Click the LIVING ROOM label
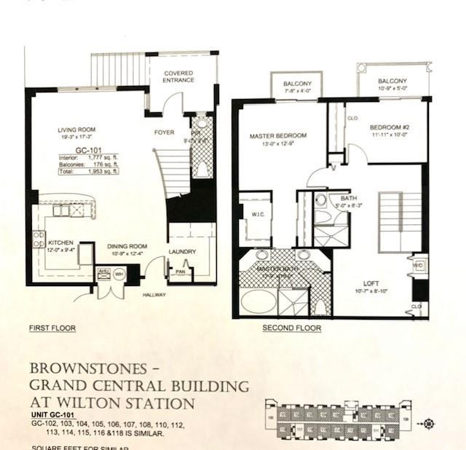pyautogui.click(x=78, y=131)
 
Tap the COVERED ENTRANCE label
pyautogui.click(x=178, y=76)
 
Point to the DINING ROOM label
pyautogui.click(x=127, y=246)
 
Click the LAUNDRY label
pyautogui.click(x=182, y=252)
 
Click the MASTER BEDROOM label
pyautogui.click(x=277, y=135)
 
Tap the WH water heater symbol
pyautogui.click(x=119, y=275)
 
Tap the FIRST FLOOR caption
pyautogui.click(x=52, y=328)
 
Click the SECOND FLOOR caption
pyautogui.click(x=292, y=328)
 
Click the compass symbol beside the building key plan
pyautogui.click(x=429, y=424)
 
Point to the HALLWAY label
pyautogui.click(x=154, y=295)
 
